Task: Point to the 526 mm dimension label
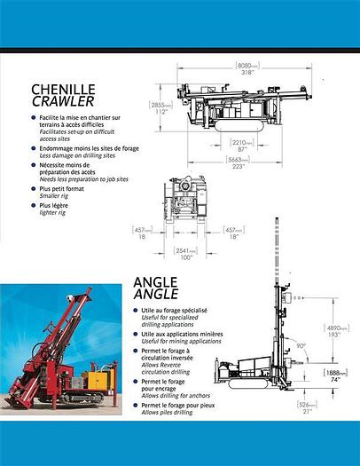point(306,408)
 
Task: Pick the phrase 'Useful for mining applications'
point(175,341)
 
